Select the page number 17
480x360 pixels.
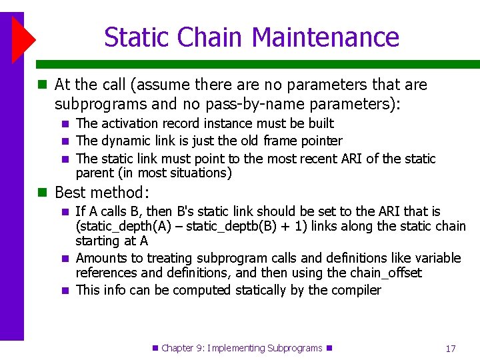coord(451,348)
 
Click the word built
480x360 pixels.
coord(321,123)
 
